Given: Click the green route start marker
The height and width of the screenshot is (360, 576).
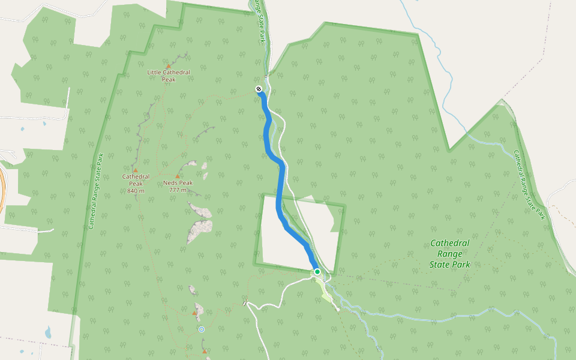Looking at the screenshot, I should (317, 272).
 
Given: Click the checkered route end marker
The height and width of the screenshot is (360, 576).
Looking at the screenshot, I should (259, 89).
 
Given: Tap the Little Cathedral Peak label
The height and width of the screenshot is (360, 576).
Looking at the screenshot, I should (169, 76).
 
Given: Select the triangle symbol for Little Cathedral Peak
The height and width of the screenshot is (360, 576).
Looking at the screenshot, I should (169, 66).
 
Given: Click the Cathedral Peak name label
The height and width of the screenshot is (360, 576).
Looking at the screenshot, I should (136, 180).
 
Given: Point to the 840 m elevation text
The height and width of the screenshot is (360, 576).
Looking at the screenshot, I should (136, 191).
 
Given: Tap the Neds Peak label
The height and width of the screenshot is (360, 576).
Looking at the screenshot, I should (178, 183).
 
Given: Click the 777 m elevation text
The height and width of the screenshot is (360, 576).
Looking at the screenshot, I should (178, 190).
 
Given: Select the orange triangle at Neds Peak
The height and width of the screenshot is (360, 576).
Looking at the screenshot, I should (178, 176).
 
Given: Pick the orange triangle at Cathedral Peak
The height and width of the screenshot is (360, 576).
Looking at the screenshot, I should (136, 170).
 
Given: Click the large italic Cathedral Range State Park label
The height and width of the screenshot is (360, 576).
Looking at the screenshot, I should (450, 253).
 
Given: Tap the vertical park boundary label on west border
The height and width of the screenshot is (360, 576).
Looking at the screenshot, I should (95, 190).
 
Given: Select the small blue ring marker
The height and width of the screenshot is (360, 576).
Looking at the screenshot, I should (202, 329).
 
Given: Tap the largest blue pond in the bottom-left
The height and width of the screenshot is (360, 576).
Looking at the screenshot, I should (47, 332).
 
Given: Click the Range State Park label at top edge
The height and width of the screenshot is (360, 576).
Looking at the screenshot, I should (259, 21).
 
